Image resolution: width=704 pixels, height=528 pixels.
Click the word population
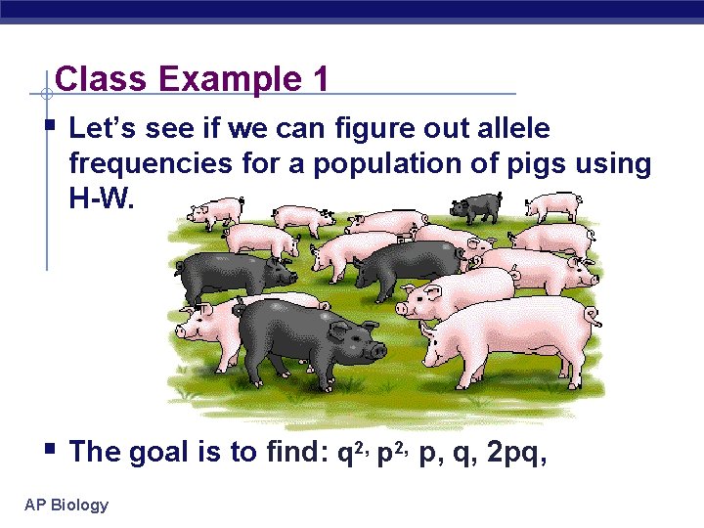point(377,163)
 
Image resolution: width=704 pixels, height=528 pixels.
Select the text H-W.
point(106,198)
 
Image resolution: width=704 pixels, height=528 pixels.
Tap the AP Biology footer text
point(66,505)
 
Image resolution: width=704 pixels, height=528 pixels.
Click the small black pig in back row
point(475,206)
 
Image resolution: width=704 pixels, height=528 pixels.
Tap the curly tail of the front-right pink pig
point(593,315)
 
